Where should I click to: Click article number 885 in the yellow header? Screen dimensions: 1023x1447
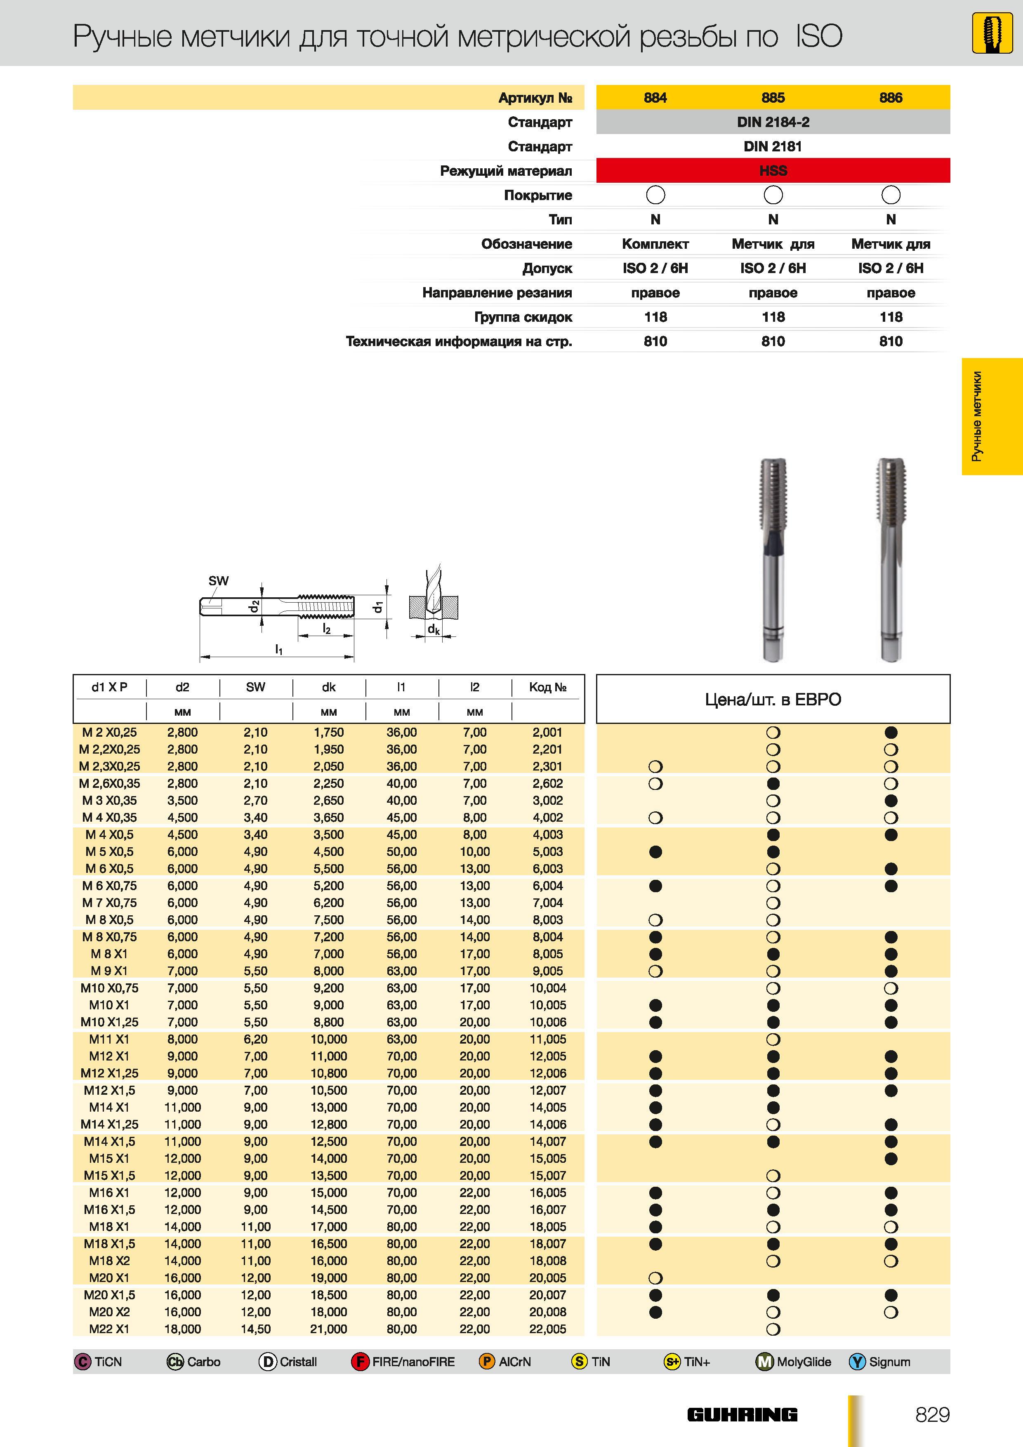click(773, 98)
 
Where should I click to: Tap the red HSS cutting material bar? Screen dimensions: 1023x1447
click(773, 171)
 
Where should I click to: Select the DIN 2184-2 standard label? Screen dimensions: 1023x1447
click(773, 122)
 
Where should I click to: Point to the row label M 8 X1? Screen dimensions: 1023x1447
click(109, 954)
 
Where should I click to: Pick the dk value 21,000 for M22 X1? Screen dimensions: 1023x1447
click(328, 1329)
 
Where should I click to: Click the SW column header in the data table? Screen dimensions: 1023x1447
click(255, 687)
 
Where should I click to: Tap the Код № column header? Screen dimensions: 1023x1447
click(548, 687)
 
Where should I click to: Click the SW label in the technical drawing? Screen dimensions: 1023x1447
click(218, 580)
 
